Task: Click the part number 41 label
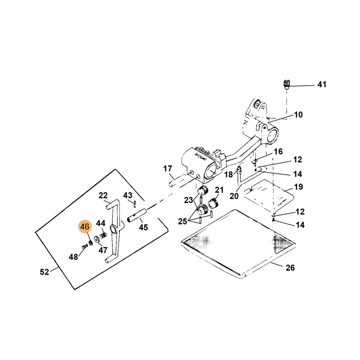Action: click(x=322, y=85)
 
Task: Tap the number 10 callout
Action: click(x=298, y=115)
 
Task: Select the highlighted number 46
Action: click(x=85, y=227)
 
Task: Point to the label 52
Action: click(x=44, y=272)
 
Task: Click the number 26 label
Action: click(x=290, y=268)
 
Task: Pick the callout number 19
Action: click(x=298, y=187)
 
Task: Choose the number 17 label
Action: click(x=167, y=169)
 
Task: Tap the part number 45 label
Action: click(x=143, y=228)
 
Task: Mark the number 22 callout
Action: click(x=103, y=195)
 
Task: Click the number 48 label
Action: click(x=73, y=257)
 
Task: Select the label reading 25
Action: click(x=182, y=221)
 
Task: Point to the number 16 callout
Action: click(x=278, y=151)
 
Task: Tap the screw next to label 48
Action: click(x=84, y=247)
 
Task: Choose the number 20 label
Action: click(x=234, y=196)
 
